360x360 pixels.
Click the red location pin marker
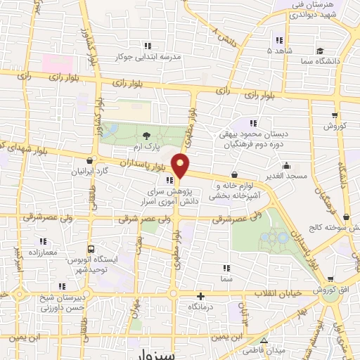coord(181,166)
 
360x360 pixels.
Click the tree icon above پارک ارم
coord(146,136)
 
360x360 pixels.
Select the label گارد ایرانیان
coord(93,171)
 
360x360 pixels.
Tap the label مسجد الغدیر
coord(288,176)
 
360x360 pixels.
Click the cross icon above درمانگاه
coord(201,296)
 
